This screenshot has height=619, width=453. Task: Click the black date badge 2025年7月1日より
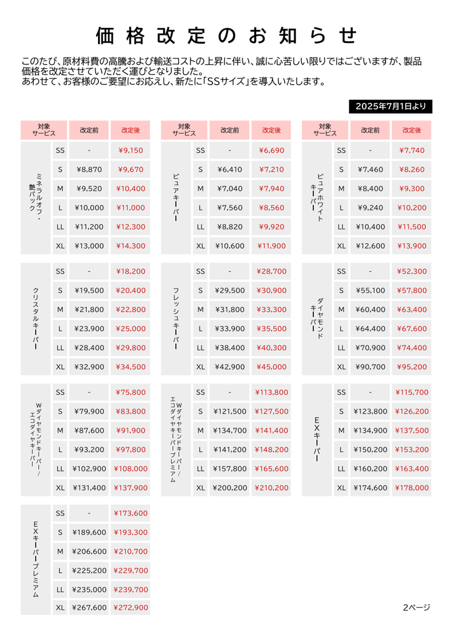[390, 106]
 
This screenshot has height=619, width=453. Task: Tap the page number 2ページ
[416, 607]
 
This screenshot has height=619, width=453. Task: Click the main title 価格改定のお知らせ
[226, 35]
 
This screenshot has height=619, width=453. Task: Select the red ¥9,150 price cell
[130, 150]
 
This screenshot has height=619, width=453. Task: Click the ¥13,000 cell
[89, 246]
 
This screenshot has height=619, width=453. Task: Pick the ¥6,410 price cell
[230, 170]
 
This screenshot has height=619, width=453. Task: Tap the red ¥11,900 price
[271, 246]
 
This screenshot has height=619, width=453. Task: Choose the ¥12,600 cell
[371, 246]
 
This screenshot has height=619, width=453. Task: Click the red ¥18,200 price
[130, 271]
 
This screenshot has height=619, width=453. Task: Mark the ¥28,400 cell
[89, 347]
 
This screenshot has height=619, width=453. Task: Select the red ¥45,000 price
[271, 367]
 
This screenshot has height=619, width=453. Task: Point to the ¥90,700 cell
[371, 367]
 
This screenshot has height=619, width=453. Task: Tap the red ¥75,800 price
[130, 392]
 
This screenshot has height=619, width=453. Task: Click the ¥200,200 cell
[230, 488]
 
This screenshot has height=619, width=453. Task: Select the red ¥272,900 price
[130, 608]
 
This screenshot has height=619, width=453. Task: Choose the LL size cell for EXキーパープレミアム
[60, 589]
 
